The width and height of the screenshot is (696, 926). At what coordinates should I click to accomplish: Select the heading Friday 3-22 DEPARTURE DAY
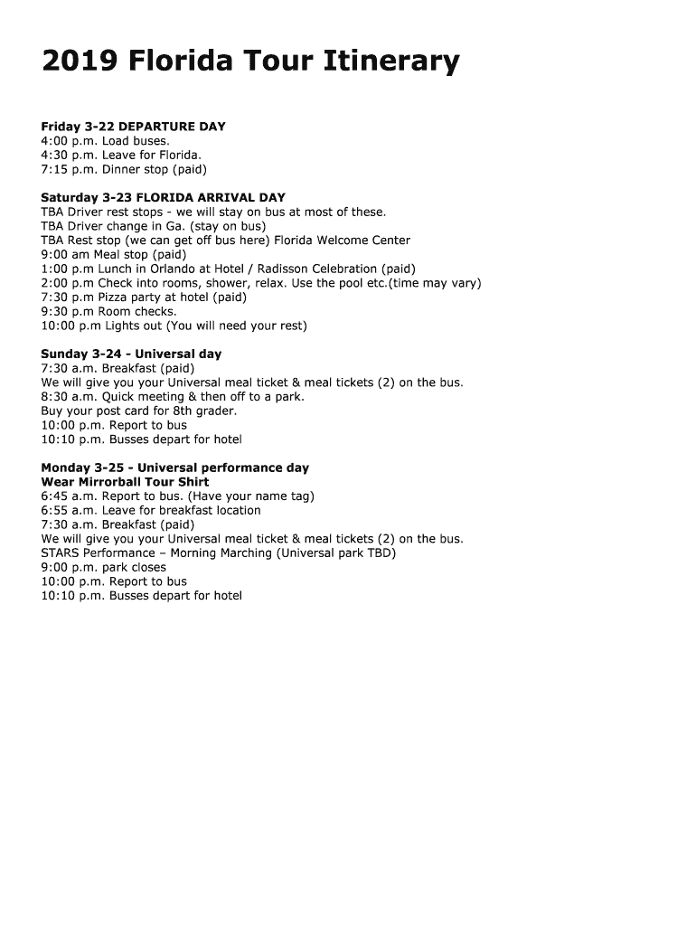[x=133, y=127]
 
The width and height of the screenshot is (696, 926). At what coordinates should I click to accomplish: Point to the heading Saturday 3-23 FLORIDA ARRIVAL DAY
[x=163, y=197]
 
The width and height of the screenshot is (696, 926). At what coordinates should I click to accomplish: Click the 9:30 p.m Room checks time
[x=67, y=311]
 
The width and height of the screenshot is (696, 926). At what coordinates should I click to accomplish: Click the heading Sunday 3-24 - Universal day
[x=131, y=354]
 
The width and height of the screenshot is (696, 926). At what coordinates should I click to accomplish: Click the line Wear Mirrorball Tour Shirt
[x=125, y=482]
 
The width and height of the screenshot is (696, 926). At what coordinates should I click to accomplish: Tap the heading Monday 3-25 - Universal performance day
[x=174, y=468]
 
